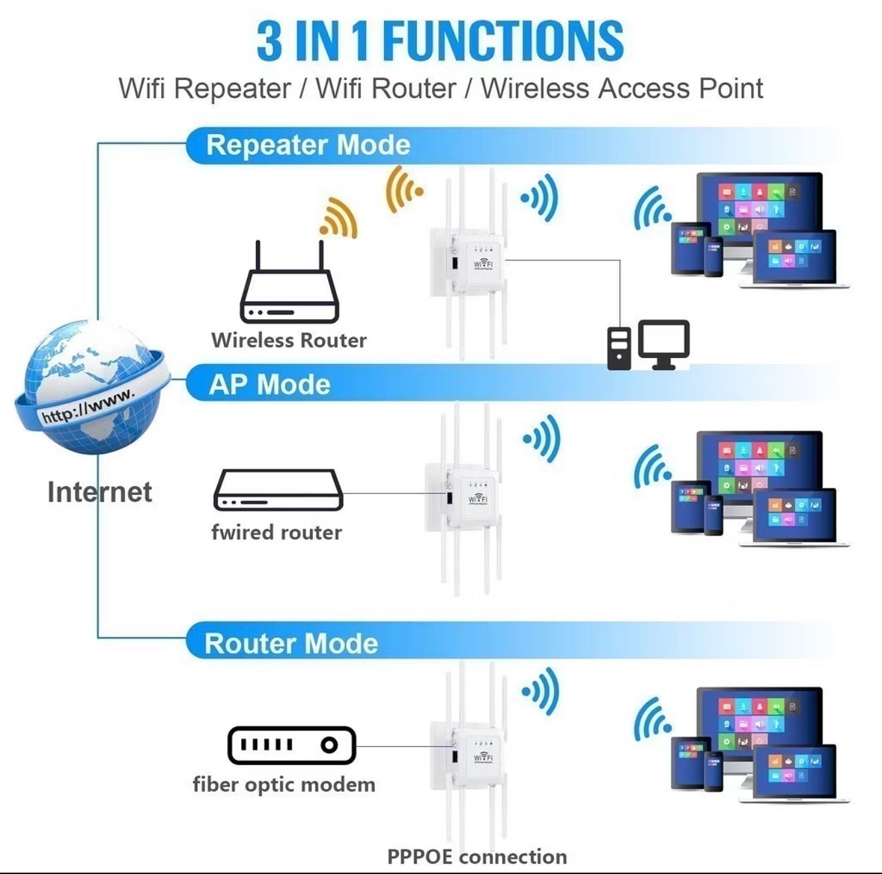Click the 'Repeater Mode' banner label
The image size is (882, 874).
click(x=308, y=145)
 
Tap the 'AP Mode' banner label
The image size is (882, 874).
click(x=269, y=385)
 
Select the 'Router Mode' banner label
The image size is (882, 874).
click(x=291, y=644)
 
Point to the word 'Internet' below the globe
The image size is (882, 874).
click(x=100, y=492)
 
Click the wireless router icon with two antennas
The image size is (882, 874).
click(x=290, y=281)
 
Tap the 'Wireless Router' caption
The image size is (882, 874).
click(x=289, y=341)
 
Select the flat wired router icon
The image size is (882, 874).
click(x=278, y=490)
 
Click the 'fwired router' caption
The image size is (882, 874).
click(x=277, y=532)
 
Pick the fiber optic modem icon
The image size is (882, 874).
click(x=291, y=745)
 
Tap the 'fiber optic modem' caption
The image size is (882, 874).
click(x=284, y=785)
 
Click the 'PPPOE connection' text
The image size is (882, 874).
click(x=477, y=857)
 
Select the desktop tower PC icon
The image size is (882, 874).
click(x=619, y=349)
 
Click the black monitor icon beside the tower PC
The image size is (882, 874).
click(x=664, y=345)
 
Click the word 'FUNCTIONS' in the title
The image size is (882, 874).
click(x=503, y=41)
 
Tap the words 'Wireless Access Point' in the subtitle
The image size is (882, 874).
click(x=622, y=88)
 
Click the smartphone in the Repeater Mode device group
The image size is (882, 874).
click(x=714, y=256)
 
